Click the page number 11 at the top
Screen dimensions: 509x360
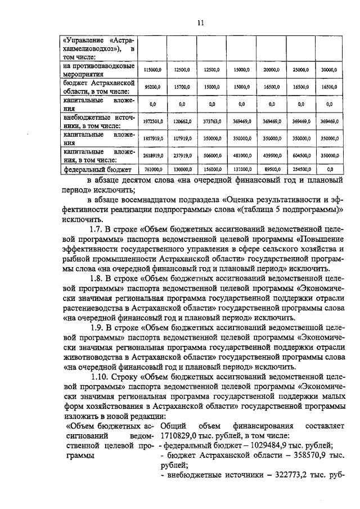pyautogui.click(x=200, y=22)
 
